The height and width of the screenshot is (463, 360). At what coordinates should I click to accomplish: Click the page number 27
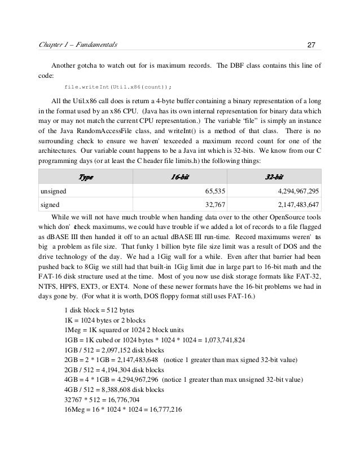pyautogui.click(x=313, y=45)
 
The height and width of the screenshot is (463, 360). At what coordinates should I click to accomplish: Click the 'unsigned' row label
pyautogui.click(x=54, y=191)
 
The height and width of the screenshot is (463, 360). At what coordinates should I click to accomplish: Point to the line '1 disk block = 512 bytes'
pyautogui.click(x=101, y=312)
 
